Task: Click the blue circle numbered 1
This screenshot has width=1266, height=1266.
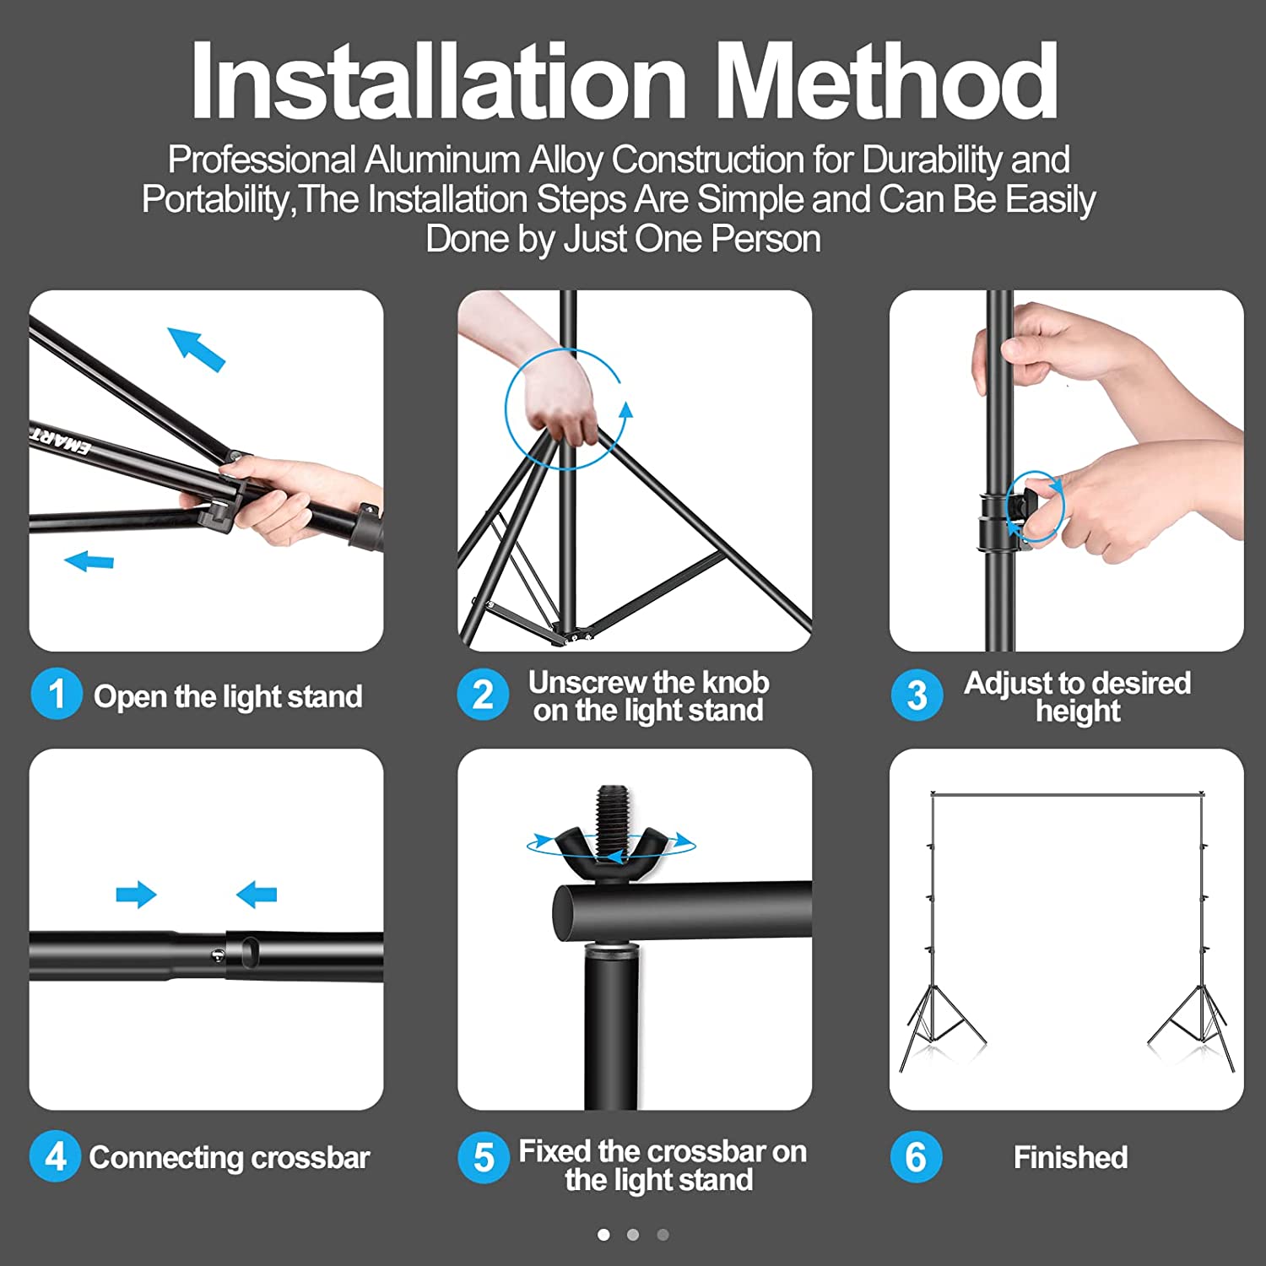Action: point(57,694)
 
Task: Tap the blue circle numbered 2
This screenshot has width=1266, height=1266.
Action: point(483,695)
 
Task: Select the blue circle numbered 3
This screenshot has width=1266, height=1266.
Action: point(917,695)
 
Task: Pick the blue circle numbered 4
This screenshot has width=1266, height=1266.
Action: point(55,1155)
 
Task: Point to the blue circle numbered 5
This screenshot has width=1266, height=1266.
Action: point(484,1156)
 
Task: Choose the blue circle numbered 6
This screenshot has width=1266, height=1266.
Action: point(916,1156)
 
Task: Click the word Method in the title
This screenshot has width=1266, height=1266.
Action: point(891,82)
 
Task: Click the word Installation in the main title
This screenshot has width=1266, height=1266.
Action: point(439,82)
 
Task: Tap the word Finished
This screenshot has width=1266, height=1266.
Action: point(1070,1157)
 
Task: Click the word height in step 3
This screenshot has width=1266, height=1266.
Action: point(1078,711)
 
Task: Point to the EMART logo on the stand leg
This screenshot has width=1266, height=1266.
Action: point(60,440)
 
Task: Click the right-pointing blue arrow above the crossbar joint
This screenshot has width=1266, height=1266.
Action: point(136,895)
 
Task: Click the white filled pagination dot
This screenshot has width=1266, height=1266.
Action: point(603,1234)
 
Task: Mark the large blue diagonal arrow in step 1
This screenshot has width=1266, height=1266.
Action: point(197,349)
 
